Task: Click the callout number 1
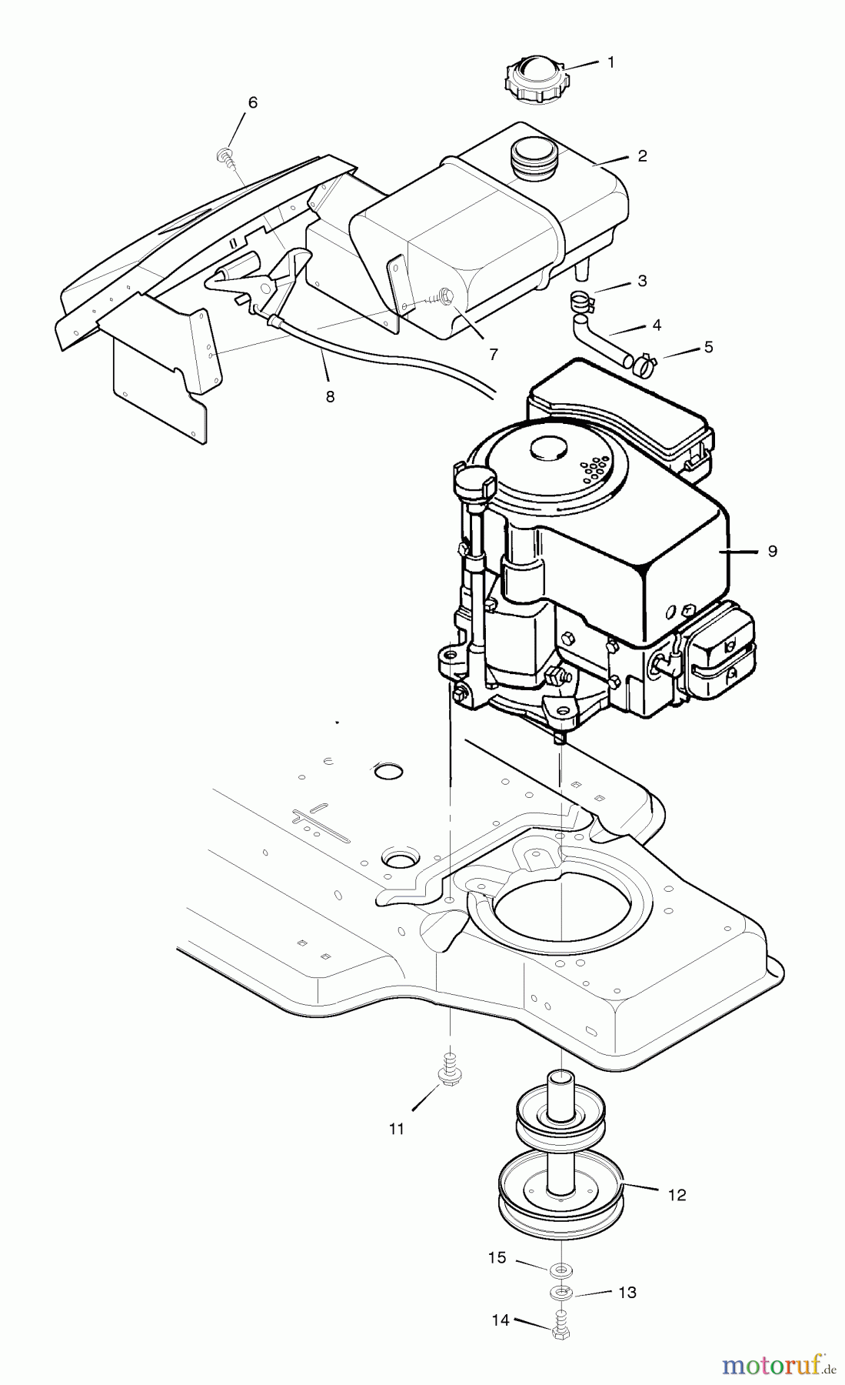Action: [611, 62]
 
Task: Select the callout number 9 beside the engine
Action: [772, 551]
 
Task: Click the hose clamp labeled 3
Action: [583, 302]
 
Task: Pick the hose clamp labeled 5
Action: [644, 362]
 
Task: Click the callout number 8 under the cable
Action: [330, 397]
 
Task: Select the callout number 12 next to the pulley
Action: [677, 1195]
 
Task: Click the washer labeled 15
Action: [561, 1269]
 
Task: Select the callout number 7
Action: [493, 355]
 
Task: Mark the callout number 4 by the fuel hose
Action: [656, 325]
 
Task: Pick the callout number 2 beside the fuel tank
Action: [642, 156]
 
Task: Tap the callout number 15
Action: [497, 1257]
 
